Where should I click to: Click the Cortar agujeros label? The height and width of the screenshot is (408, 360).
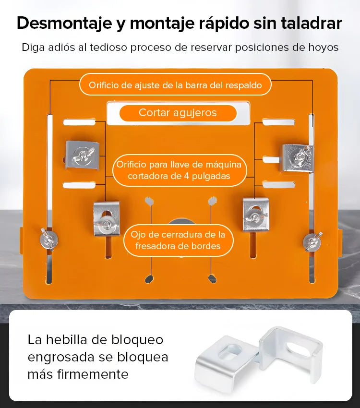click(178, 113)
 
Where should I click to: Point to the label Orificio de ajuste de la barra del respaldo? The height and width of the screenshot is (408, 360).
click(175, 85)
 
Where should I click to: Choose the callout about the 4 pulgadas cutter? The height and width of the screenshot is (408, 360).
click(179, 170)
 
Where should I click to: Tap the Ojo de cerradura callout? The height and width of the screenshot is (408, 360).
click(178, 240)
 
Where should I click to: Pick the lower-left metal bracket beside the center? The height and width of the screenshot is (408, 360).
click(106, 219)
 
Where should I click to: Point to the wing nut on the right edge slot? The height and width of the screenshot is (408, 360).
click(312, 240)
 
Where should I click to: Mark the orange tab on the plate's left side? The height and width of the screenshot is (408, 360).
click(21, 240)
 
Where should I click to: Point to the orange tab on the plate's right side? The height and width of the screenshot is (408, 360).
click(340, 240)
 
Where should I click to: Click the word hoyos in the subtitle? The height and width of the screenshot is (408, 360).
click(324, 48)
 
